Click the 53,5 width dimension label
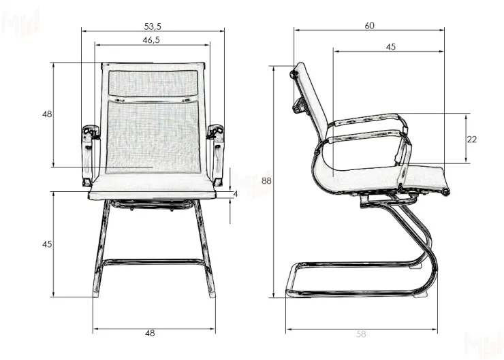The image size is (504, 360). point(153,26)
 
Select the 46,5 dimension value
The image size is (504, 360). point(151,40)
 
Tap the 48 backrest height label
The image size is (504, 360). point(47,114)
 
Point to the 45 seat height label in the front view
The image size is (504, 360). point(47,244)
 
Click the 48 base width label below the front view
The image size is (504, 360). point(151,333)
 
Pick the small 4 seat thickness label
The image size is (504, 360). point(235,195)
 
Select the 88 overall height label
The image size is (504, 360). point(266,181)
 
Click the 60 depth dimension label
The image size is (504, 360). point(370,26)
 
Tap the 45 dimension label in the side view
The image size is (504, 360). point(390,47)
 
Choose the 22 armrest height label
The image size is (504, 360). point(472,140)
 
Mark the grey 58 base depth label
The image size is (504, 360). point(361,334)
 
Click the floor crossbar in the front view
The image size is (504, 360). point(152,261)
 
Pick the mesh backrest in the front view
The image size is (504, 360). point(152,129)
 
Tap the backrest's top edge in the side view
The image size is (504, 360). point(298,69)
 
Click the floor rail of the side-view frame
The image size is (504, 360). point(354,293)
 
